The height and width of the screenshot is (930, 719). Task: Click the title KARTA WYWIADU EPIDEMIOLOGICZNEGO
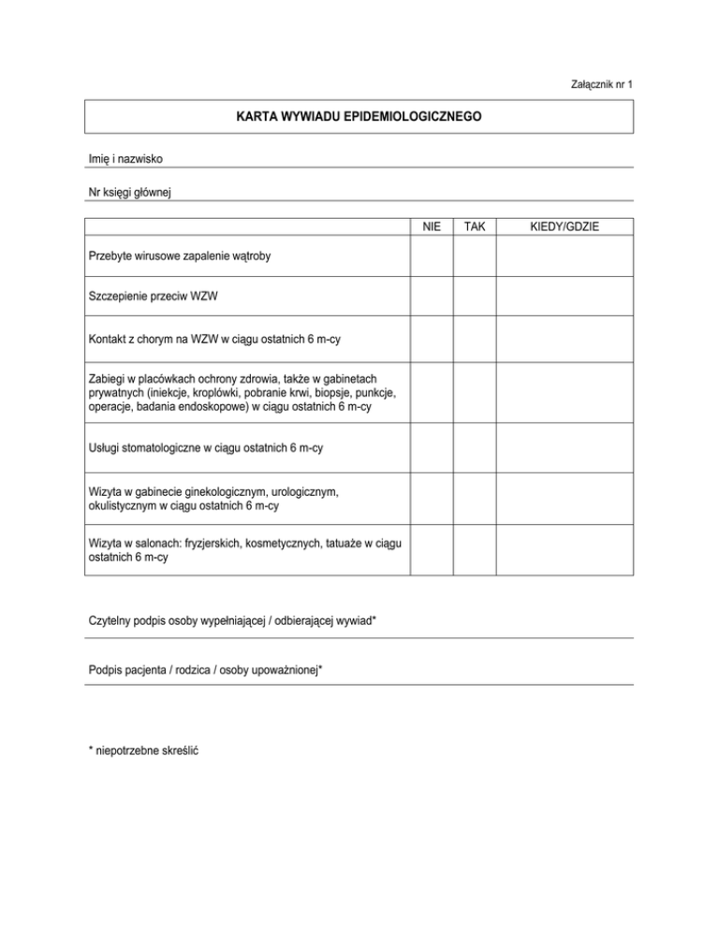(359, 119)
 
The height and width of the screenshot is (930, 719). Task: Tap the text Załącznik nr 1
(602, 85)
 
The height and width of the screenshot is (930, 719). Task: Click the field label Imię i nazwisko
(125, 160)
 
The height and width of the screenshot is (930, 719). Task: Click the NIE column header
(432, 227)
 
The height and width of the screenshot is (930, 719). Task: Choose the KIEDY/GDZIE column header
(565, 227)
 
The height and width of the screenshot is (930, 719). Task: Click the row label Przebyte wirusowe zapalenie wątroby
(180, 255)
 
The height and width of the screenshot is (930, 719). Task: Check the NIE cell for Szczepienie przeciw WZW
(432, 298)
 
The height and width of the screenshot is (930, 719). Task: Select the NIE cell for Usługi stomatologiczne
(432, 448)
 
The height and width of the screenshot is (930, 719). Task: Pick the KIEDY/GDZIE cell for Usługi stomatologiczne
(565, 448)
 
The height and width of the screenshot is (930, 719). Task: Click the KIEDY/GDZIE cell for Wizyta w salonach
(565, 550)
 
